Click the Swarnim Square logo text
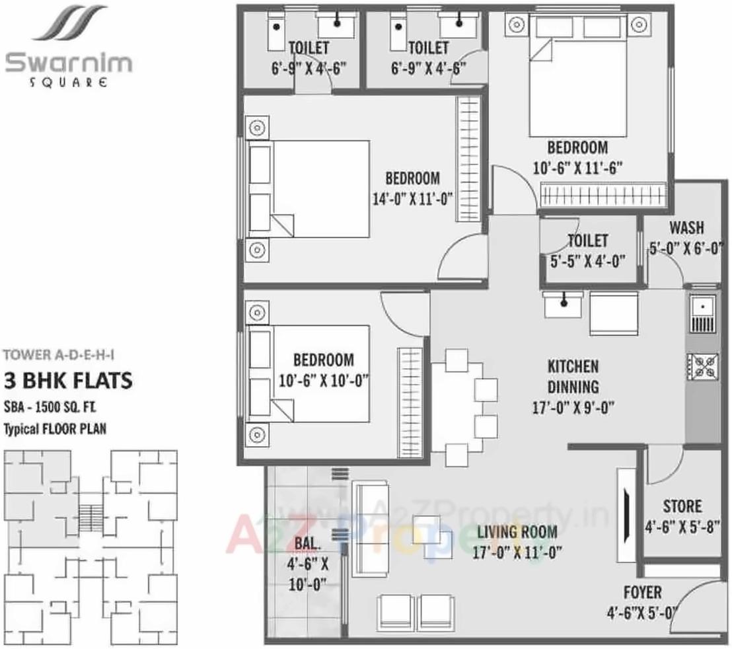point(69,65)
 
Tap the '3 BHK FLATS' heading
point(69,381)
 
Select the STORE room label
point(682,506)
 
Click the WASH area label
point(686,228)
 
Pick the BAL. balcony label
point(309,546)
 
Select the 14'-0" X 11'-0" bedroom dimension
point(412,198)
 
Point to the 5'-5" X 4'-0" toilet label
point(587,260)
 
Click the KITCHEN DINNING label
point(572,375)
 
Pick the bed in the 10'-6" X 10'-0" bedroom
point(309,373)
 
